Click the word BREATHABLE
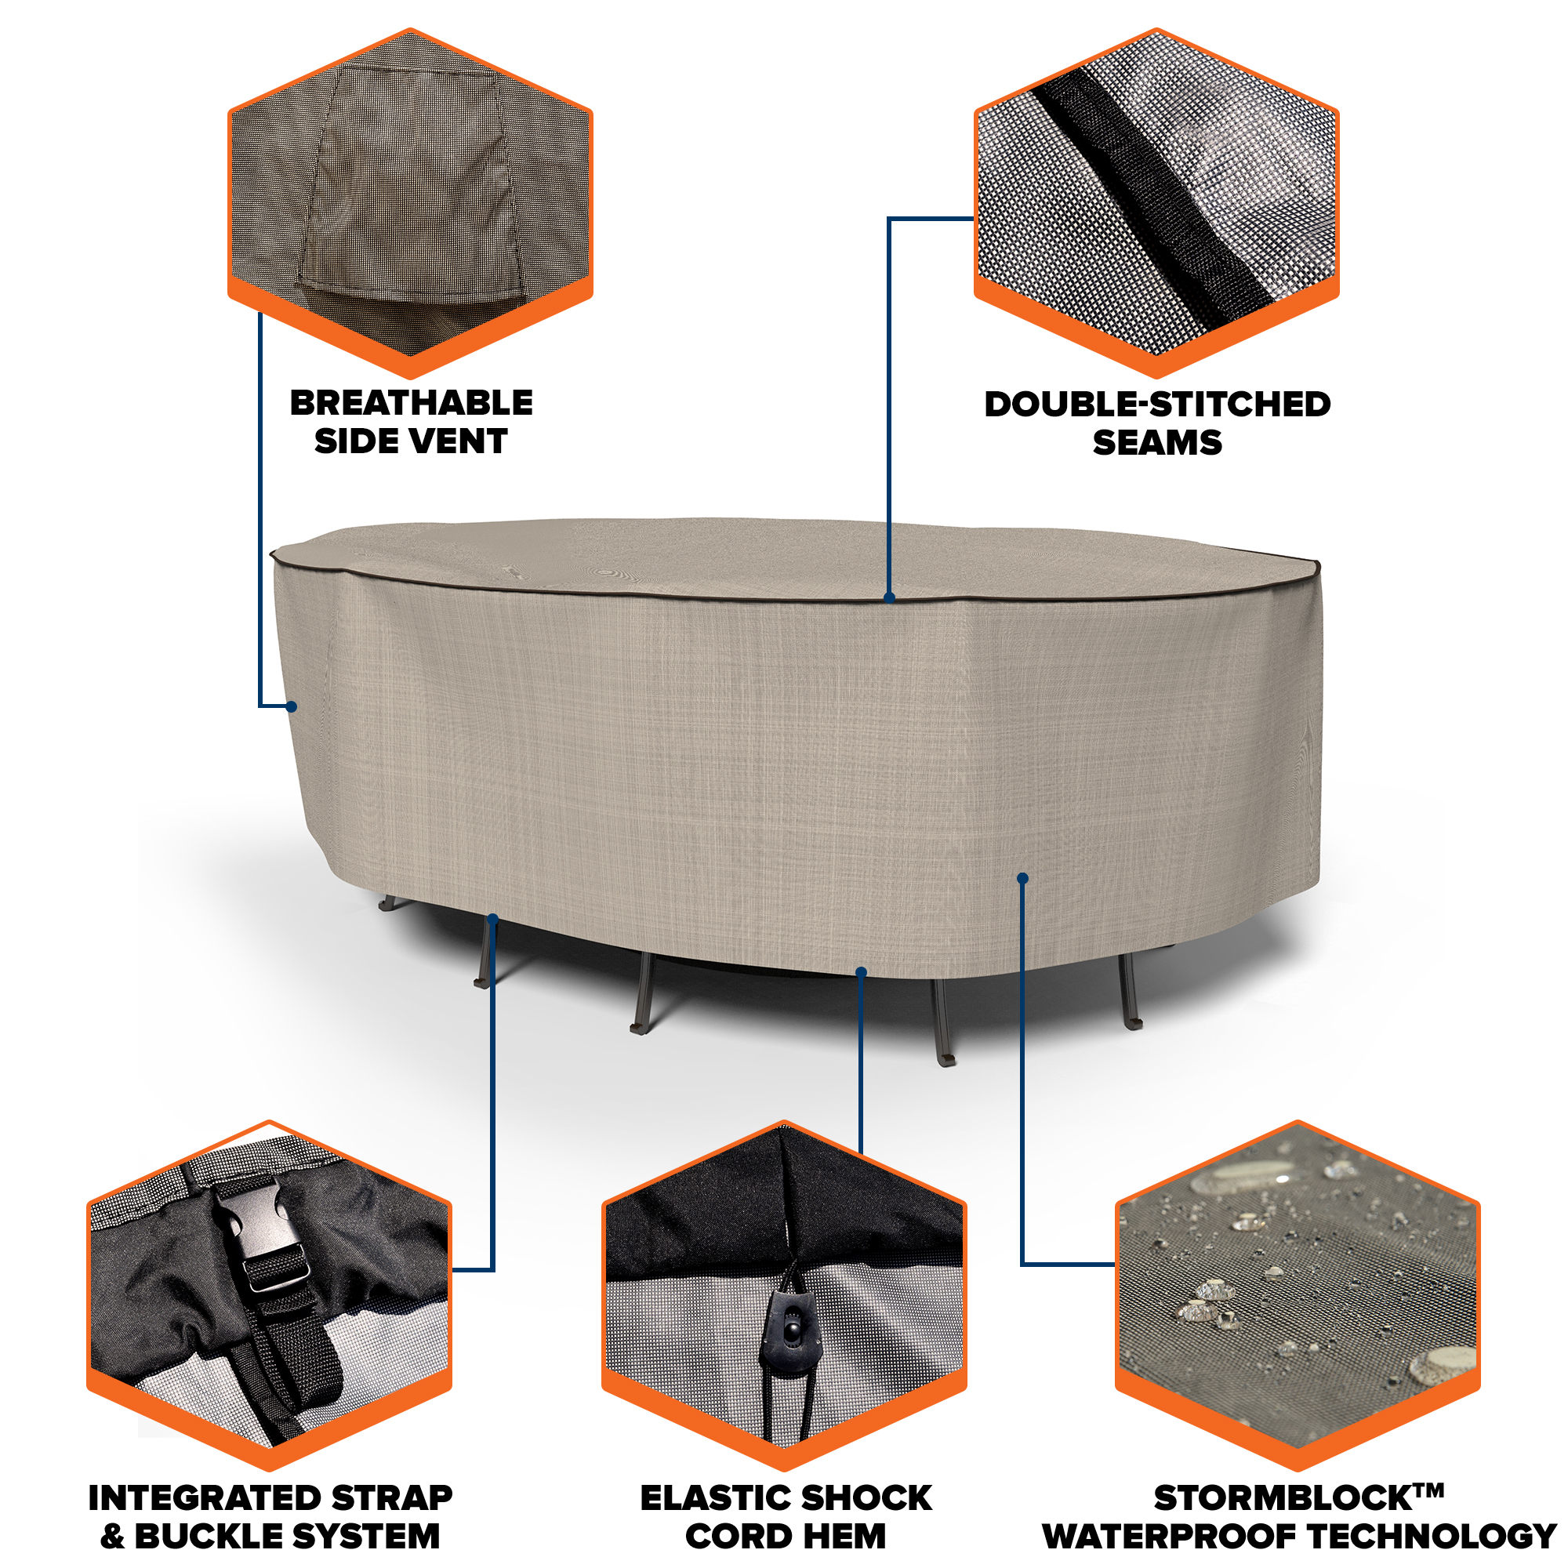click(x=412, y=402)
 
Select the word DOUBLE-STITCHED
click(x=1157, y=405)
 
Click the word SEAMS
click(x=1157, y=443)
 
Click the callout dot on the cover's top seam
click(x=890, y=597)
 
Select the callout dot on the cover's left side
click(x=292, y=706)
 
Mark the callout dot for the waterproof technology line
click(x=1022, y=878)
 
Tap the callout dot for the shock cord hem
click(x=861, y=972)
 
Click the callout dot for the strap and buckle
click(x=492, y=919)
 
